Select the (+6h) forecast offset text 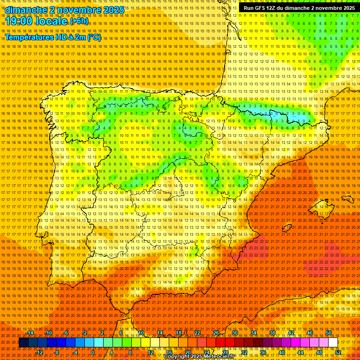pos(79,21)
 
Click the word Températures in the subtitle pos(28,37)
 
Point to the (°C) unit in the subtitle pos(94,37)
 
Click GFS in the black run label pos(259,8)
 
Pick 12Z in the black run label pos(271,8)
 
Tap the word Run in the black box pos(248,8)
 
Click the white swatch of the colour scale pos(333,343)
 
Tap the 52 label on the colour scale pos(338,352)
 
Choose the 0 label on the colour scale pos(93,352)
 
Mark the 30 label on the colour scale pos(234,333)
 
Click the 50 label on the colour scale pos(328,333)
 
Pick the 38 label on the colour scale pos(272,333)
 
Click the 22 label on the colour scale pos(197,333)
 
